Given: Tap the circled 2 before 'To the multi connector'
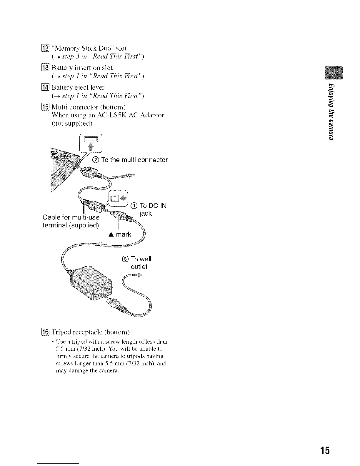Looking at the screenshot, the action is pyautogui.click(x=96, y=160).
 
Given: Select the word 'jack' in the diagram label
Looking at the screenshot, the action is pyautogui.click(x=146, y=214).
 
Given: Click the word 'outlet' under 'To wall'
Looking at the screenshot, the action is pyautogui.click(x=139, y=267).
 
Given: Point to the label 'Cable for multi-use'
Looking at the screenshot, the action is pyautogui.click(x=71, y=218).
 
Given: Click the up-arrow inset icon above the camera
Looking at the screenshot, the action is pyautogui.click(x=91, y=143).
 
